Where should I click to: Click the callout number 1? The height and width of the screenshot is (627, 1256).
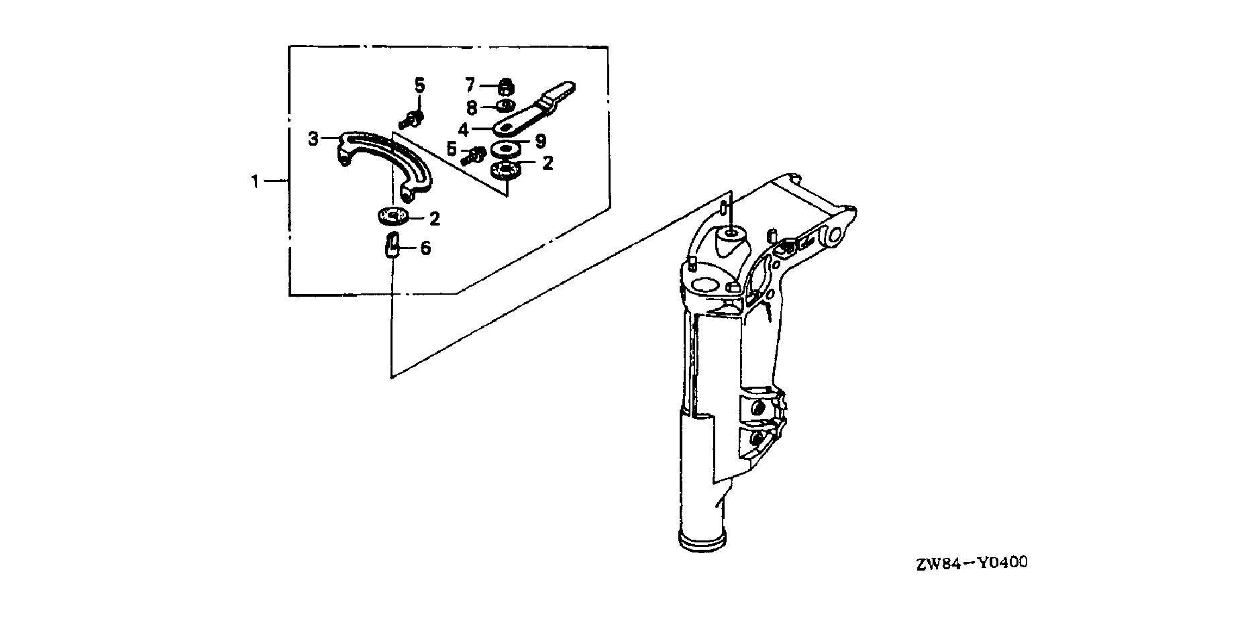255,181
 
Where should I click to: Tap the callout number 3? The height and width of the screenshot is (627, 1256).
313,139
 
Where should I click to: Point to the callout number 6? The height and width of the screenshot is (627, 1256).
425,249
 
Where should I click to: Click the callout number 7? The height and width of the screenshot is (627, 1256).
470,85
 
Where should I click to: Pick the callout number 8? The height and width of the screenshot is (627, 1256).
472,107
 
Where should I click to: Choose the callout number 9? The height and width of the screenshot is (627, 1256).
540,141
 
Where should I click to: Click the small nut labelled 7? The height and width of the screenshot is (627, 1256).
507,87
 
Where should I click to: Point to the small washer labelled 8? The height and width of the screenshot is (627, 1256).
505,106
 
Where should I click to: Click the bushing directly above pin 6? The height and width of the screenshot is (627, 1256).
392,217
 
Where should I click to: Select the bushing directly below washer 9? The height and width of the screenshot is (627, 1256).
506,170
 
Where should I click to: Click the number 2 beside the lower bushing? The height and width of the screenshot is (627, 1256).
435,218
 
